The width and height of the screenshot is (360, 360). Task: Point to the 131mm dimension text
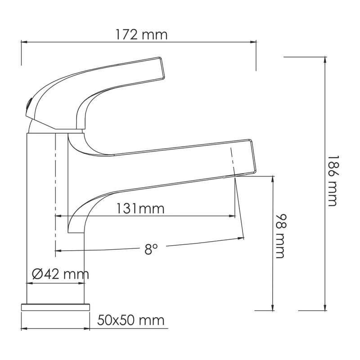(140, 209)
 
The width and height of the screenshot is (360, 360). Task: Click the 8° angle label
(151, 249)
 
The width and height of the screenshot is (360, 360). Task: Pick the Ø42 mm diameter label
(61, 274)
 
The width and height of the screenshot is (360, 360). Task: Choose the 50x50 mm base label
(131, 320)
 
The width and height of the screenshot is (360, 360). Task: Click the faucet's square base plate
(55, 307)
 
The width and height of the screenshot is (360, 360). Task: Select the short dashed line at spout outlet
(233, 160)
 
